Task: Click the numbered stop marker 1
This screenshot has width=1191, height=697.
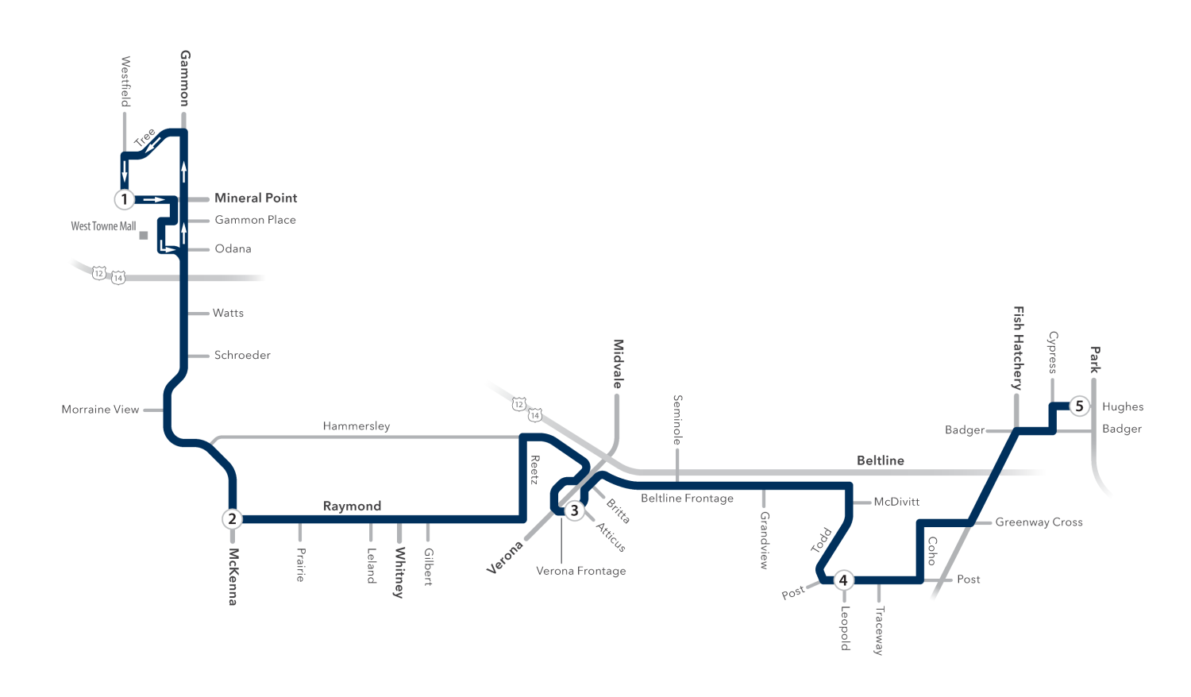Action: tap(125, 199)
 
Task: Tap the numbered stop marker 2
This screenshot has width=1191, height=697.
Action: tap(232, 519)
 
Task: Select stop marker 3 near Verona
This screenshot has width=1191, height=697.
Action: tap(574, 511)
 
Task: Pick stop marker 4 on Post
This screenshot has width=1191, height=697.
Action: tap(843, 580)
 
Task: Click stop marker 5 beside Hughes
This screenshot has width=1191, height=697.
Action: tap(1079, 406)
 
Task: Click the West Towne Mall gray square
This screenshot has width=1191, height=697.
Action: tap(144, 235)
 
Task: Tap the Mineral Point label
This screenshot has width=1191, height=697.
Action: tap(256, 198)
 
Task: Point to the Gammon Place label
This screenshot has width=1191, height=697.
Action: tap(255, 220)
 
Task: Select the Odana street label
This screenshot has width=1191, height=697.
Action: tap(233, 248)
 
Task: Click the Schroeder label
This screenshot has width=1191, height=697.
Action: tap(242, 355)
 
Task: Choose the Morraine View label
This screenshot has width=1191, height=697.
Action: tap(101, 410)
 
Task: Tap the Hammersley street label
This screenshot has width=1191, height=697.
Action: tap(357, 426)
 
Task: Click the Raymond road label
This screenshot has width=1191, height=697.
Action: tap(352, 506)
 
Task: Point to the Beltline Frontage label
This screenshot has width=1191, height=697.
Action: tap(687, 499)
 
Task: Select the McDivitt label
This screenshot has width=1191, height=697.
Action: tap(896, 502)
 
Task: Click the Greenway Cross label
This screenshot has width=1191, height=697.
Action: tap(1039, 522)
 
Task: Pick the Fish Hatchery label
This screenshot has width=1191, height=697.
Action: tap(1018, 348)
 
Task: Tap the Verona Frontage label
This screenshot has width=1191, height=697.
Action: tap(580, 571)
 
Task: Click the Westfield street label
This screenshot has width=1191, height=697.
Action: tap(125, 82)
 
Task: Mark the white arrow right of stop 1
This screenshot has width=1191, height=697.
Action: tap(155, 199)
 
